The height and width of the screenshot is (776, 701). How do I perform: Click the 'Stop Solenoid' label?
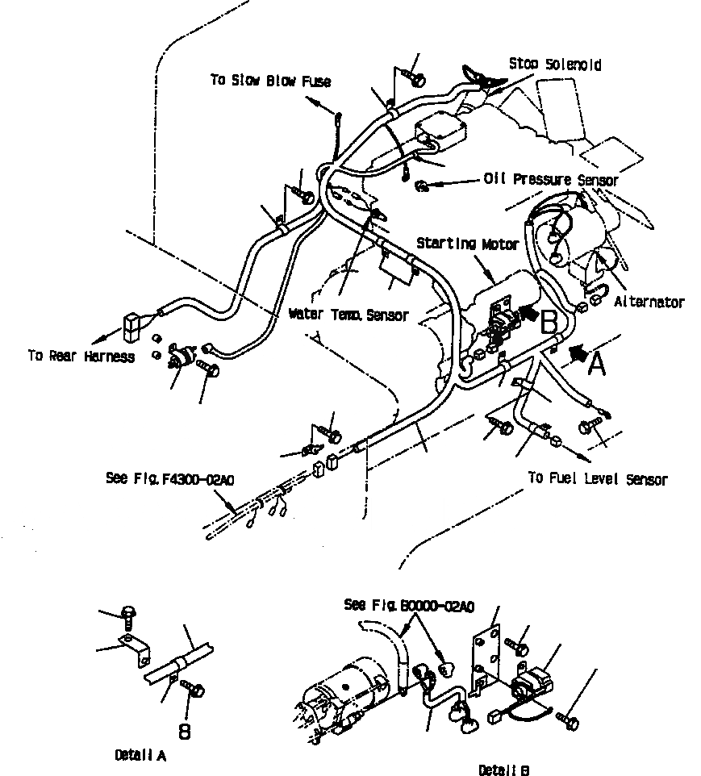pyautogui.click(x=555, y=65)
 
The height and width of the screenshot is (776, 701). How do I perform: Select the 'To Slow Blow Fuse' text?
pyautogui.click(x=270, y=81)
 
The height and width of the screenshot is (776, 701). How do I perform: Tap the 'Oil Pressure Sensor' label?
pyautogui.click(x=551, y=180)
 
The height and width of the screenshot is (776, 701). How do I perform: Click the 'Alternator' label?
pyautogui.click(x=649, y=302)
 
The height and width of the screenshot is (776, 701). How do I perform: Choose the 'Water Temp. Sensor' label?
pyautogui.click(x=348, y=314)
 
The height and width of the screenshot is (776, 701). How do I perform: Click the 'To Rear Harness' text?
pyautogui.click(x=81, y=356)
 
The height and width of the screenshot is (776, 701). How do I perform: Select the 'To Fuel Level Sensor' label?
pyautogui.click(x=598, y=479)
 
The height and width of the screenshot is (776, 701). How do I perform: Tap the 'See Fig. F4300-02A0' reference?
pyautogui.click(x=169, y=478)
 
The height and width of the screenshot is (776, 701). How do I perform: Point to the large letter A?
pyautogui.click(x=596, y=365)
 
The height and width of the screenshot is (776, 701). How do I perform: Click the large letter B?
pyautogui.click(x=549, y=323)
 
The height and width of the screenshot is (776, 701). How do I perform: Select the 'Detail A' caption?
pyautogui.click(x=140, y=756)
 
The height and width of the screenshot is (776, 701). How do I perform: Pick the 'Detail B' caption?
pyautogui.click(x=504, y=770)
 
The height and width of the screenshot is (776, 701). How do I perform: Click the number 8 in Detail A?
pyautogui.click(x=184, y=732)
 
